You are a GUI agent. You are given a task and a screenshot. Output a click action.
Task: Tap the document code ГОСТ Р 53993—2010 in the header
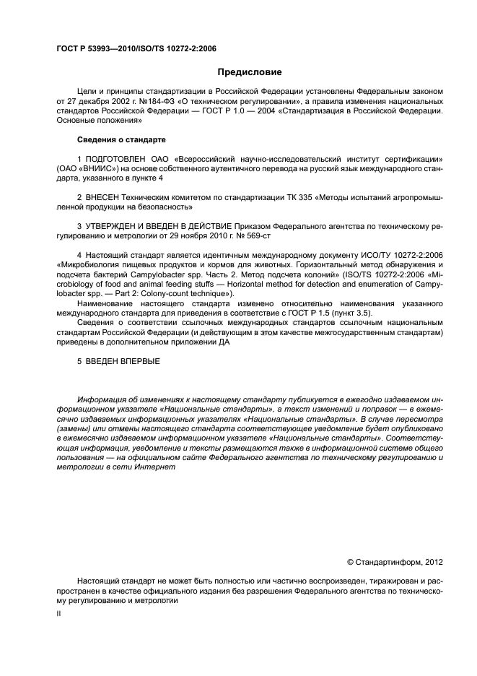[x=93, y=49]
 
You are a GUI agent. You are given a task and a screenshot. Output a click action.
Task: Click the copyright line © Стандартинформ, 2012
[x=395, y=561]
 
